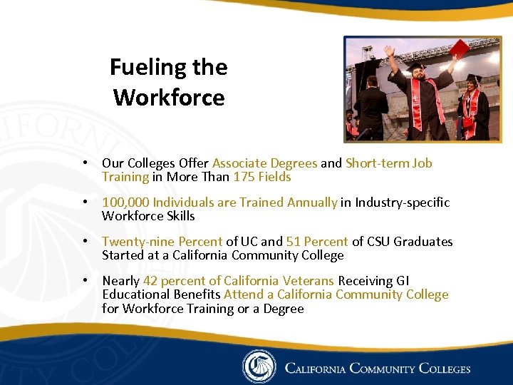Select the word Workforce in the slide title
pos(169,97)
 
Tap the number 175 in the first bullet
pos(244,177)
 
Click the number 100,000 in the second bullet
pos(125,202)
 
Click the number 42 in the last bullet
pos(150,281)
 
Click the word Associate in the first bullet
pos(239,163)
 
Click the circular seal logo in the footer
pos(258,366)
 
